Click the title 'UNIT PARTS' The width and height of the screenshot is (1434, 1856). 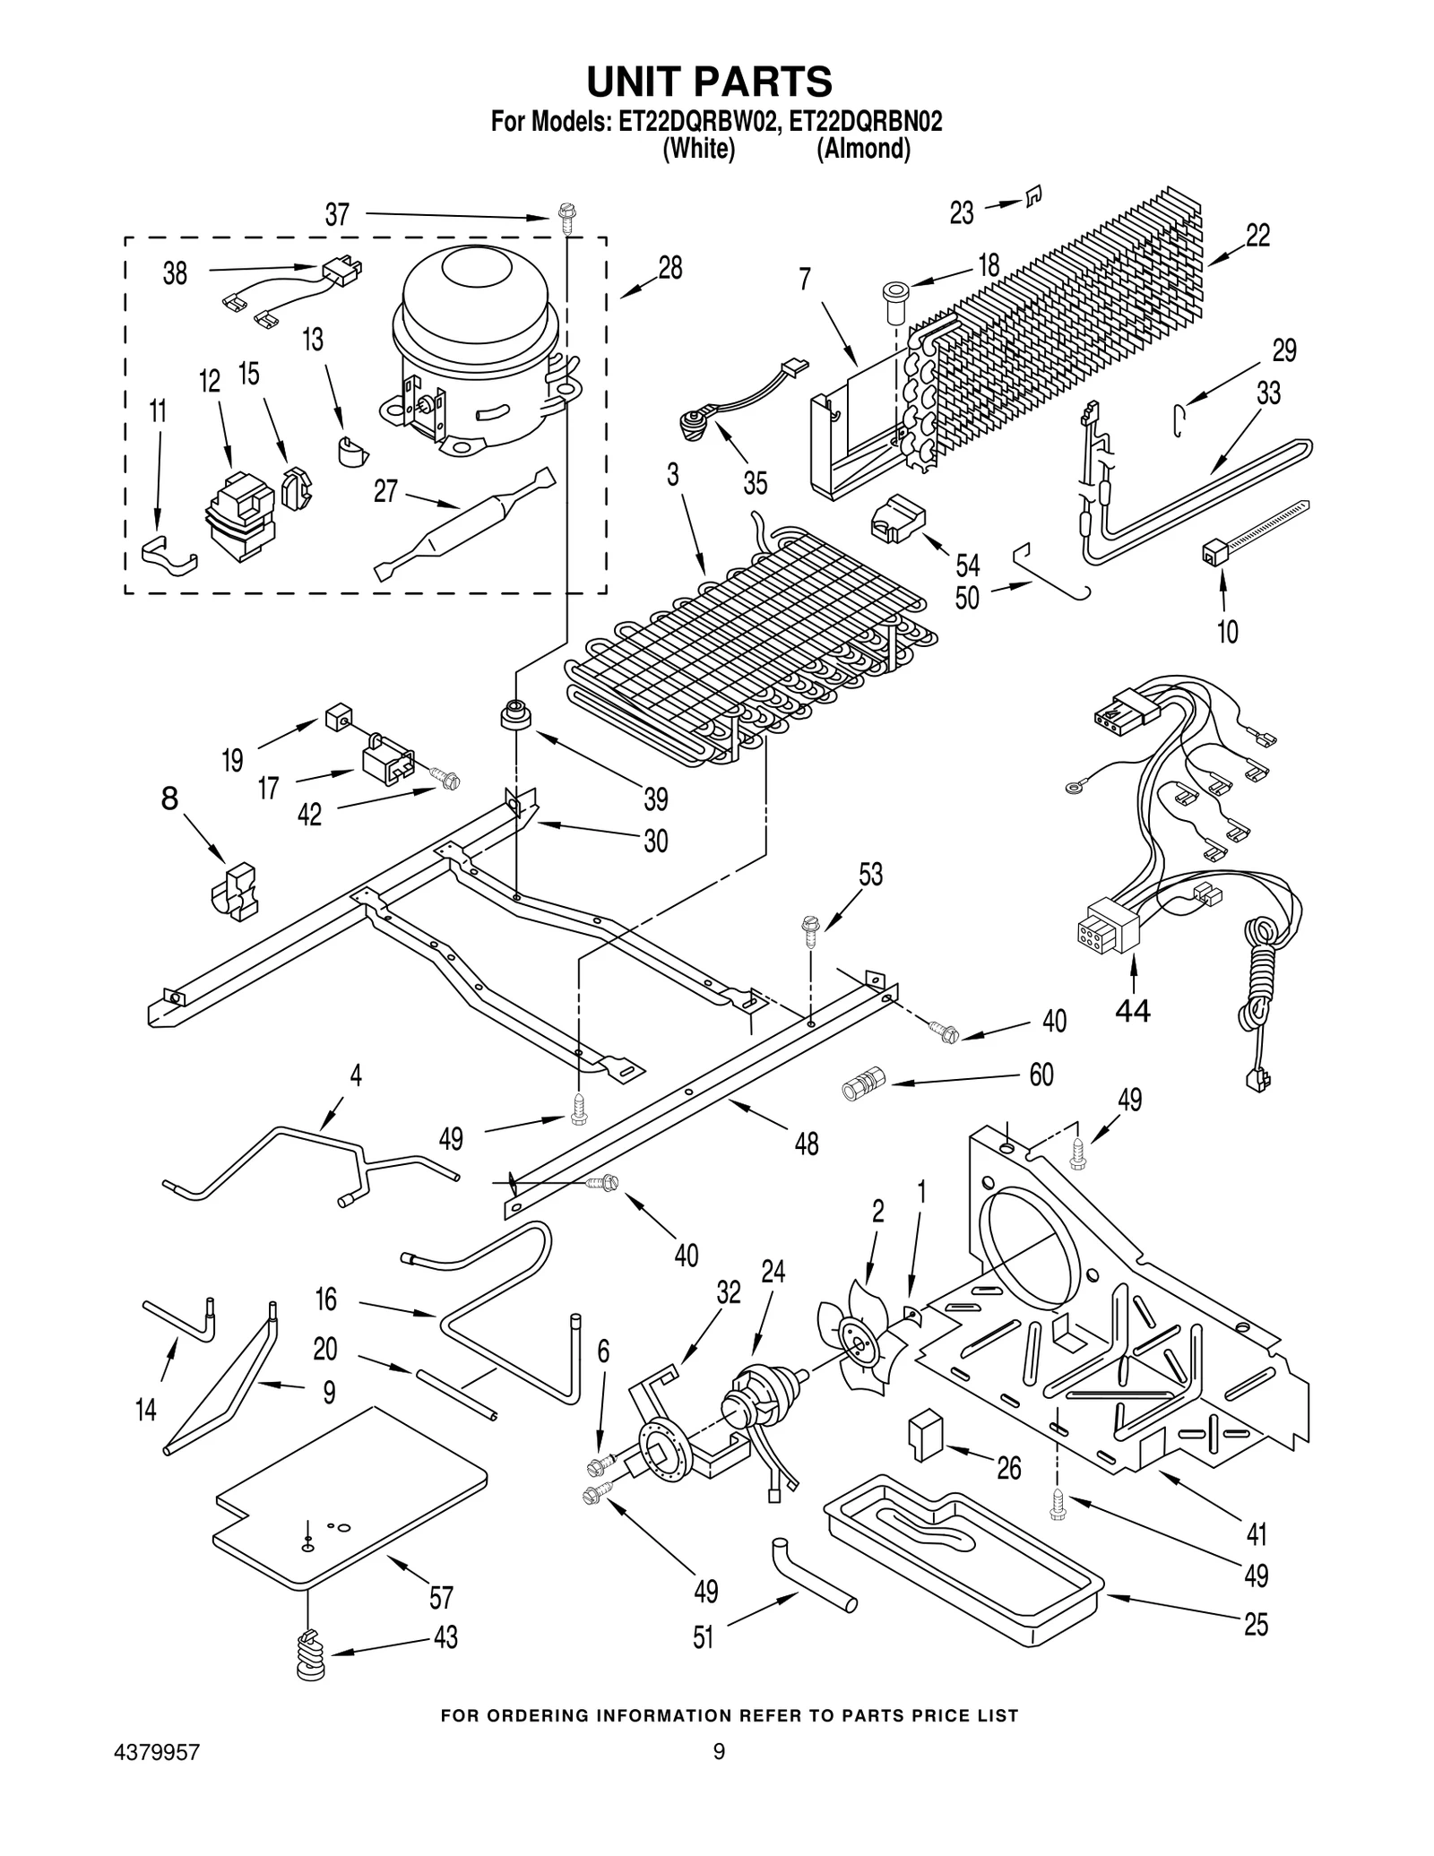click(x=709, y=82)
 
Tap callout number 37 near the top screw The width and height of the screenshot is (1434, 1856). click(x=337, y=215)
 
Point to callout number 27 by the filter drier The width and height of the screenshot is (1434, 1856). click(x=384, y=491)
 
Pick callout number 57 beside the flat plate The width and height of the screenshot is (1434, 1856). click(x=441, y=1596)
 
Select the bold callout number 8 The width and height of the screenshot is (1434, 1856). click(x=169, y=798)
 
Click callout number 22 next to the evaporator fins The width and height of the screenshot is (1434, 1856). click(x=1257, y=236)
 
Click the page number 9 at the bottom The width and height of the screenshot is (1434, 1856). click(x=718, y=1750)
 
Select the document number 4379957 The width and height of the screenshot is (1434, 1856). click(x=157, y=1751)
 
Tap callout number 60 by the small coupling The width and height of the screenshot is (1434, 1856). click(x=1041, y=1074)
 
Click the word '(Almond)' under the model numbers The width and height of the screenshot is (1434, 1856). click(x=862, y=149)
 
